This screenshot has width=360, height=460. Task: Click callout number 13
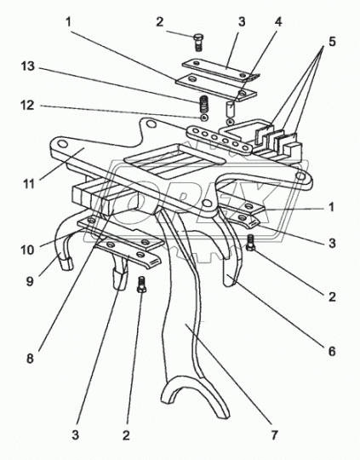28,66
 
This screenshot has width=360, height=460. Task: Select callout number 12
27,106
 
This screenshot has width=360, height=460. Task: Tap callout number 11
29,184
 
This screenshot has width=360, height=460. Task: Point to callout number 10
27,250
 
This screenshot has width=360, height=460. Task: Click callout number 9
30,281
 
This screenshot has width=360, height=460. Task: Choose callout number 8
30,359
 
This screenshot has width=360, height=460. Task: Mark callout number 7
274,435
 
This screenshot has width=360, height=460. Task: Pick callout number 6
332,351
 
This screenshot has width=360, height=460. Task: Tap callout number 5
332,42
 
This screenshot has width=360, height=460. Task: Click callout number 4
278,21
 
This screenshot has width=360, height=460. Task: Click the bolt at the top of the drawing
198,43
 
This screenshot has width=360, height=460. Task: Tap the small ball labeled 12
204,118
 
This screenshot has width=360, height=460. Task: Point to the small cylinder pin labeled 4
231,109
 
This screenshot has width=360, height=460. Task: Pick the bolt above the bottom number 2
141,285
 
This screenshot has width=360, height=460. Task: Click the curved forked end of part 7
194,392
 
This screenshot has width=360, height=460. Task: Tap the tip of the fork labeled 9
66,263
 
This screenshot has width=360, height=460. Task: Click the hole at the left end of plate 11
62,144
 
